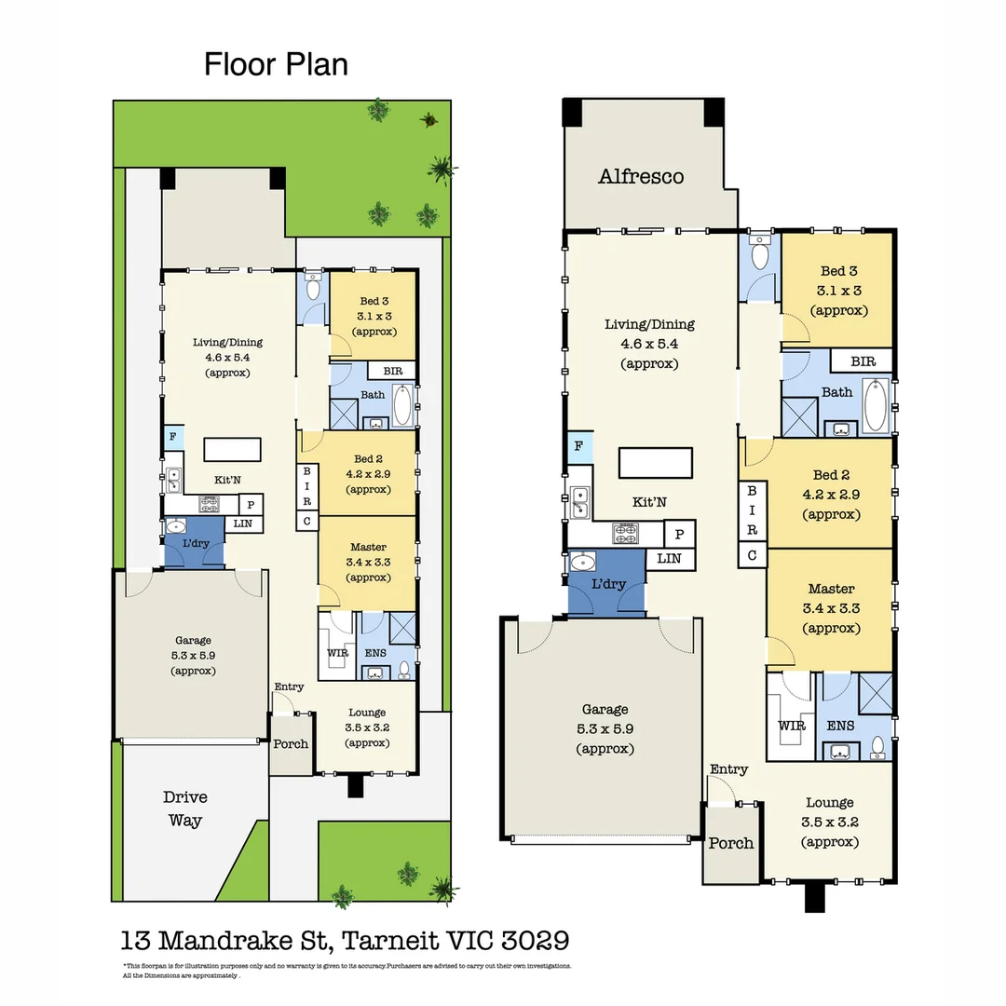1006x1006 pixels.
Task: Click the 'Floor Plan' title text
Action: click(x=276, y=64)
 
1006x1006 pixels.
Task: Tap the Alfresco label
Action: click(x=641, y=176)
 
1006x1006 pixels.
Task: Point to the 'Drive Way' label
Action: click(x=185, y=809)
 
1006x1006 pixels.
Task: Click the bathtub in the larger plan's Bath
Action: click(x=876, y=406)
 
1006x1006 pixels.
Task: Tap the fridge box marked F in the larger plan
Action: click(x=578, y=446)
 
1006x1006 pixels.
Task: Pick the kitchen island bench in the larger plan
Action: click(x=657, y=463)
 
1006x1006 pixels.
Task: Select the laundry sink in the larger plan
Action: click(x=584, y=562)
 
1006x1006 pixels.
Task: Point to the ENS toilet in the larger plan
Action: click(x=877, y=746)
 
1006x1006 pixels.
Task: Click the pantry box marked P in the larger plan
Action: click(x=679, y=534)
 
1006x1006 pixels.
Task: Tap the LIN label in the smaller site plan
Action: click(x=242, y=524)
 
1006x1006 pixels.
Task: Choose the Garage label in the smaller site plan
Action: click(x=193, y=640)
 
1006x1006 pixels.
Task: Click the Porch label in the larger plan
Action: click(x=731, y=843)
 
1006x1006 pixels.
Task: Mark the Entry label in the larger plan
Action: click(x=728, y=769)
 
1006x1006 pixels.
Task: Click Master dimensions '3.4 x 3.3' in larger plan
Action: click(x=831, y=608)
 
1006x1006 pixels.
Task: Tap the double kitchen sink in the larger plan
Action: click(x=578, y=502)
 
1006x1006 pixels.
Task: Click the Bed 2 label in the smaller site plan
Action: click(x=369, y=458)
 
